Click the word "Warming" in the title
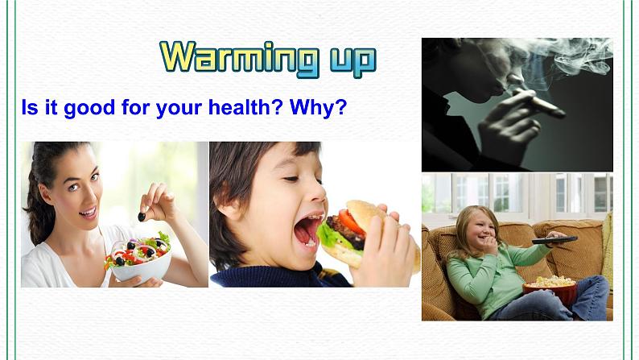click(x=229, y=57)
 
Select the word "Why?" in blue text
click(x=318, y=107)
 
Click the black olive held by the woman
click(x=142, y=216)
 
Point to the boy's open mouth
click(x=307, y=230)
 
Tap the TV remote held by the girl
click(x=554, y=239)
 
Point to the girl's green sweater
click(x=483, y=274)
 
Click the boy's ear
click(x=241, y=211)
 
